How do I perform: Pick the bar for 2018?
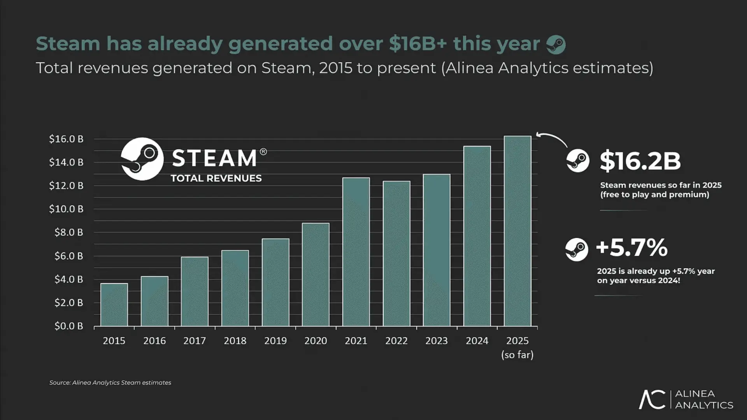235,288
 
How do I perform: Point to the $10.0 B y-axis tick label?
66,209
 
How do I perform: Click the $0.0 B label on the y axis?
69,326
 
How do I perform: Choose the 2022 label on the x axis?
396,341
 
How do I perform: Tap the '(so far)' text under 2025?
517,355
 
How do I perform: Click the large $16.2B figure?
640,161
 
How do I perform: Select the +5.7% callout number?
631,247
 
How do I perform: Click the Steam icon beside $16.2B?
578,160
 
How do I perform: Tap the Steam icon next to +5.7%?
577,249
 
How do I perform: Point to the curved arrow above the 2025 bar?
552,138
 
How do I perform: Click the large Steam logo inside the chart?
142,159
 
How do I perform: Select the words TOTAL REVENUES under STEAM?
216,178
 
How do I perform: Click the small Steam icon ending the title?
556,44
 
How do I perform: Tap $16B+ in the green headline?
418,43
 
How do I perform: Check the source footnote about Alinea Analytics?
110,383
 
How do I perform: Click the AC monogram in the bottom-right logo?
652,399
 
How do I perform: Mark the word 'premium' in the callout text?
688,194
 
